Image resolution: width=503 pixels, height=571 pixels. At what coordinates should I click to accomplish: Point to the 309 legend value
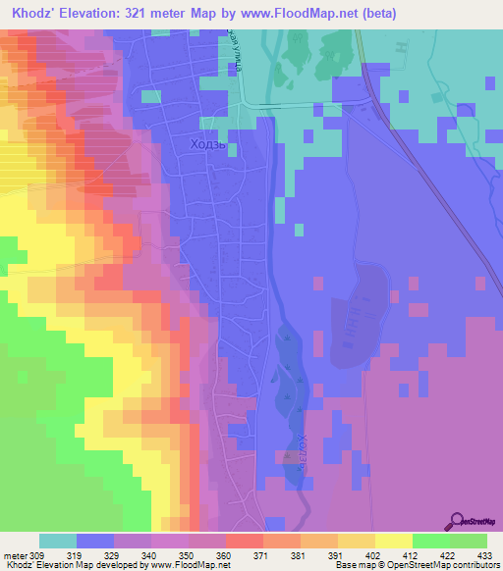pos(38,555)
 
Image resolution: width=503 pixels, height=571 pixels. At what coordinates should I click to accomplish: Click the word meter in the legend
pos(16,555)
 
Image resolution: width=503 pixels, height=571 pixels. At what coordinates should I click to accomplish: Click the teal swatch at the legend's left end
pos(57,541)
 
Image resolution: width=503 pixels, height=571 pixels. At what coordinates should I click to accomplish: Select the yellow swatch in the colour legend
pos(393,541)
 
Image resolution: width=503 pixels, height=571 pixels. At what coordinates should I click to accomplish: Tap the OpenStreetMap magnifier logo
pos(457,522)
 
